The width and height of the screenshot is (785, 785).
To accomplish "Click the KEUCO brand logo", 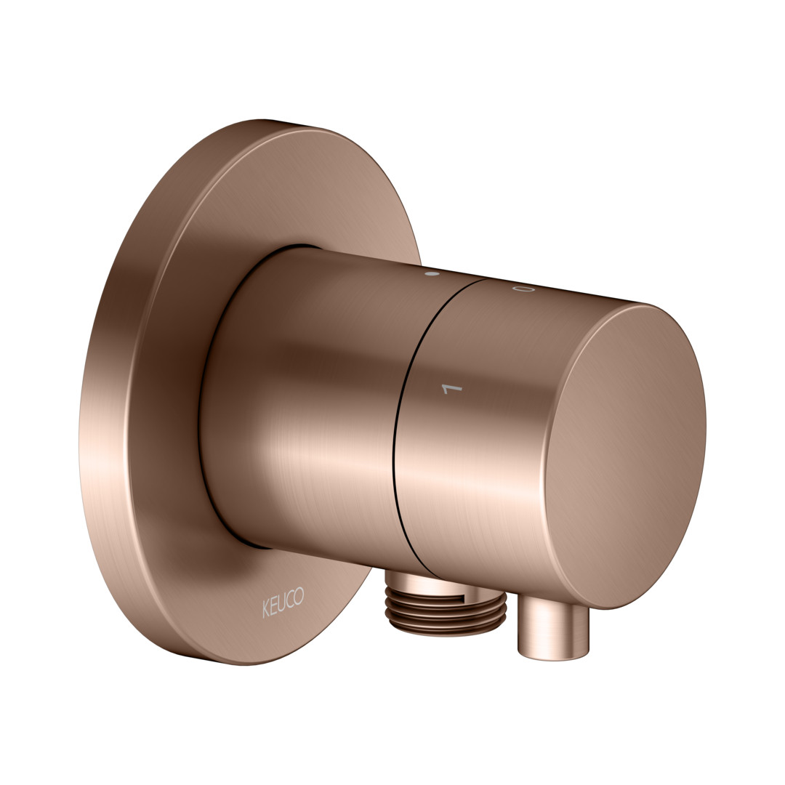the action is [283, 603].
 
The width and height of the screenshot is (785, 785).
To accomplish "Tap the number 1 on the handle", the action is [452, 388].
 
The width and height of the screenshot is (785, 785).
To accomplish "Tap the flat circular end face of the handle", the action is [625, 456].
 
